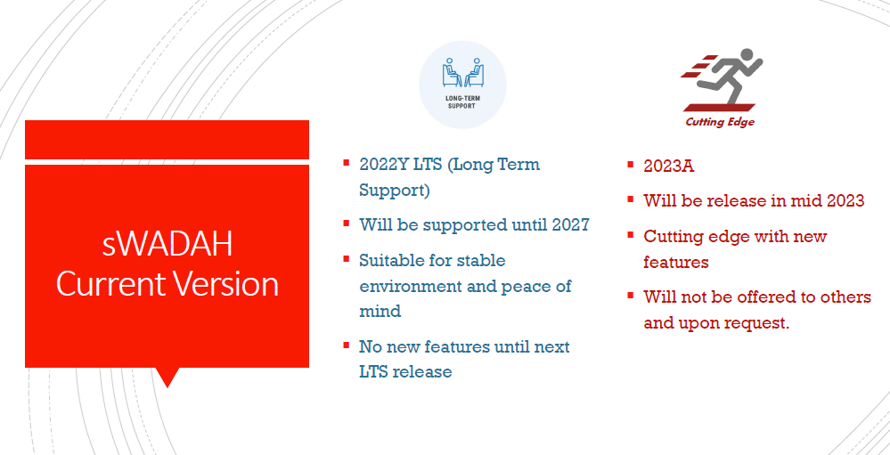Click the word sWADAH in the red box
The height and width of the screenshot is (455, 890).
(167, 245)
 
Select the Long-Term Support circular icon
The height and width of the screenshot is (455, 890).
(462, 85)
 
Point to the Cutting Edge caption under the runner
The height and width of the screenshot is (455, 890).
(720, 122)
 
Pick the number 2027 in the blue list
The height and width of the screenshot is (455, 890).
(570, 224)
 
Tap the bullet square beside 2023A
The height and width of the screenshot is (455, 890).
(630, 165)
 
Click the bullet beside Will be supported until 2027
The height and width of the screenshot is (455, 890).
(346, 223)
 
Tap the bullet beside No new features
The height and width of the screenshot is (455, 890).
(346, 345)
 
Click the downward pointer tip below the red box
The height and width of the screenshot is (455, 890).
(167, 387)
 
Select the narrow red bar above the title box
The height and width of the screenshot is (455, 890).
(167, 140)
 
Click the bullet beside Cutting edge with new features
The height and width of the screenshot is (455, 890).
(630, 234)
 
